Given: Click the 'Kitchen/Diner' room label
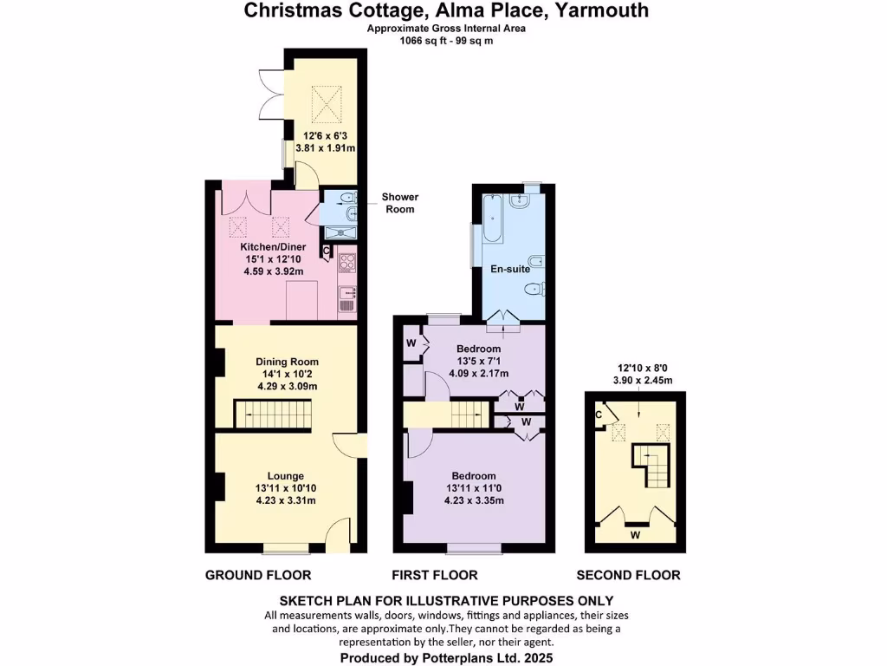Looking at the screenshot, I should (x=273, y=247).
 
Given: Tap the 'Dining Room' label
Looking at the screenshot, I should (x=287, y=362).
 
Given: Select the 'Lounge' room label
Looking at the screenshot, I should (x=286, y=476).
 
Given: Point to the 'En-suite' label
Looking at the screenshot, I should (x=510, y=269).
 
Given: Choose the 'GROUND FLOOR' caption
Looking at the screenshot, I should (x=258, y=575).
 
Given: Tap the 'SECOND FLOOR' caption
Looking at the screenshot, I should (x=628, y=575).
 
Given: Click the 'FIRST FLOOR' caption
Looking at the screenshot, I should (x=434, y=575).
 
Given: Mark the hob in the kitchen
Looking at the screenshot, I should (x=347, y=262).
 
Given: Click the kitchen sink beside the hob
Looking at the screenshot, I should (x=347, y=299).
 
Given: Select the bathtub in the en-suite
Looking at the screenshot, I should (x=492, y=219).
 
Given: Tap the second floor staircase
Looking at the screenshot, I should (x=651, y=466).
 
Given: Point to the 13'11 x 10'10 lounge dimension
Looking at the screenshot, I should (x=286, y=489).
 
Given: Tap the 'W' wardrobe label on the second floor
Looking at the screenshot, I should (x=635, y=535).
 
